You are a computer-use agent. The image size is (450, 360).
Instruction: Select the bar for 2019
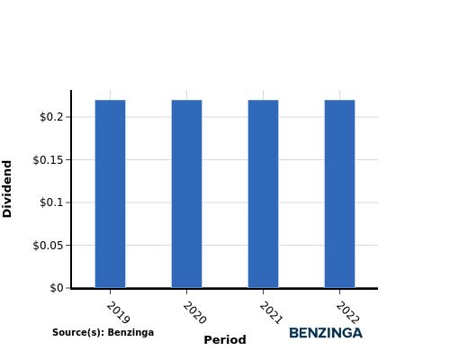110,193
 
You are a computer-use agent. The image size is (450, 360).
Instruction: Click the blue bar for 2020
186,193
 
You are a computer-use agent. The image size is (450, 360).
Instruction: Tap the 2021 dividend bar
263,193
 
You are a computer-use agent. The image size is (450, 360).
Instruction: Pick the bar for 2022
339,193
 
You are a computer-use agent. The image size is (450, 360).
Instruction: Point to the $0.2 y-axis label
51,117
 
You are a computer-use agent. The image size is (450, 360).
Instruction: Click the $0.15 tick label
49,159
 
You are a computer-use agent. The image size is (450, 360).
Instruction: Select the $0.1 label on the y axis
51,202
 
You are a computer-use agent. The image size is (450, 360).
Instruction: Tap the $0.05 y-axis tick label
49,246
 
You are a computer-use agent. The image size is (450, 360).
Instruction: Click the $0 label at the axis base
57,288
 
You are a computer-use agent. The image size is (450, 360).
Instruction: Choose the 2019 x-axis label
118,312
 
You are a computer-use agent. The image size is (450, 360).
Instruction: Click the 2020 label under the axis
194,312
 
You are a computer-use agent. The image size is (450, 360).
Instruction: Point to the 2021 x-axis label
271,312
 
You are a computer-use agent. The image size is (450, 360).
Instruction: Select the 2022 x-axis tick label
347,312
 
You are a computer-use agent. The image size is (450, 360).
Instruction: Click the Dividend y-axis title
7,189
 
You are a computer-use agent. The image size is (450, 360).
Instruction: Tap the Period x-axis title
225,340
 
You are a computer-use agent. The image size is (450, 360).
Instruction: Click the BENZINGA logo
326,333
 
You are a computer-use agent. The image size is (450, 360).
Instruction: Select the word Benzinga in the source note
130,332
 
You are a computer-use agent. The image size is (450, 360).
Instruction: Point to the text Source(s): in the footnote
79,332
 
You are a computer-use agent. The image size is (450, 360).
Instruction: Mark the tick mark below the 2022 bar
339,292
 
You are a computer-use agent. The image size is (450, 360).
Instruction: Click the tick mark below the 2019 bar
110,292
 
